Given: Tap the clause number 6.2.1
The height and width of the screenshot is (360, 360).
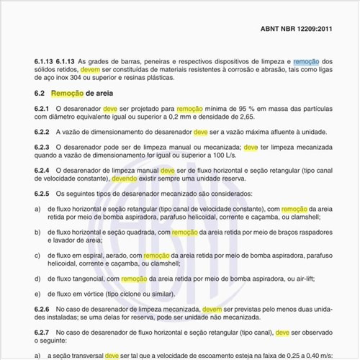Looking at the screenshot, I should point(42,107).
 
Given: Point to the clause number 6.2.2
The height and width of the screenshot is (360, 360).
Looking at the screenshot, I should point(42,132).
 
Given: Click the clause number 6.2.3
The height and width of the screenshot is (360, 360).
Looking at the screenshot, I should point(42,147).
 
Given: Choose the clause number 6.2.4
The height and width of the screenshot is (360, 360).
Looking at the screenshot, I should point(42,170).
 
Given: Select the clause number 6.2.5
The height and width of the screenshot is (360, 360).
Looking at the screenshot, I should point(42,194).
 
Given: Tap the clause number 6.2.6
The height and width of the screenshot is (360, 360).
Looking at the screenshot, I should point(42,309).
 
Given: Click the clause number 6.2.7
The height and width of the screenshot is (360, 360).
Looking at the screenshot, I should point(42,333).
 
